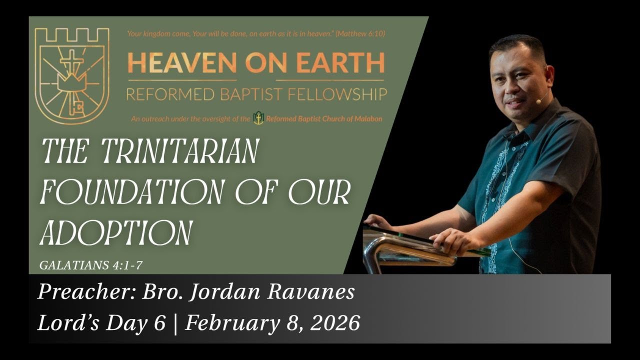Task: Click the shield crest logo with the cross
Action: click(71, 75)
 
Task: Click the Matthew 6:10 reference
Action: click(360, 34)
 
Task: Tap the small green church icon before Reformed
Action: click(258, 118)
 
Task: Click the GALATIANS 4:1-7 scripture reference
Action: click(90, 265)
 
